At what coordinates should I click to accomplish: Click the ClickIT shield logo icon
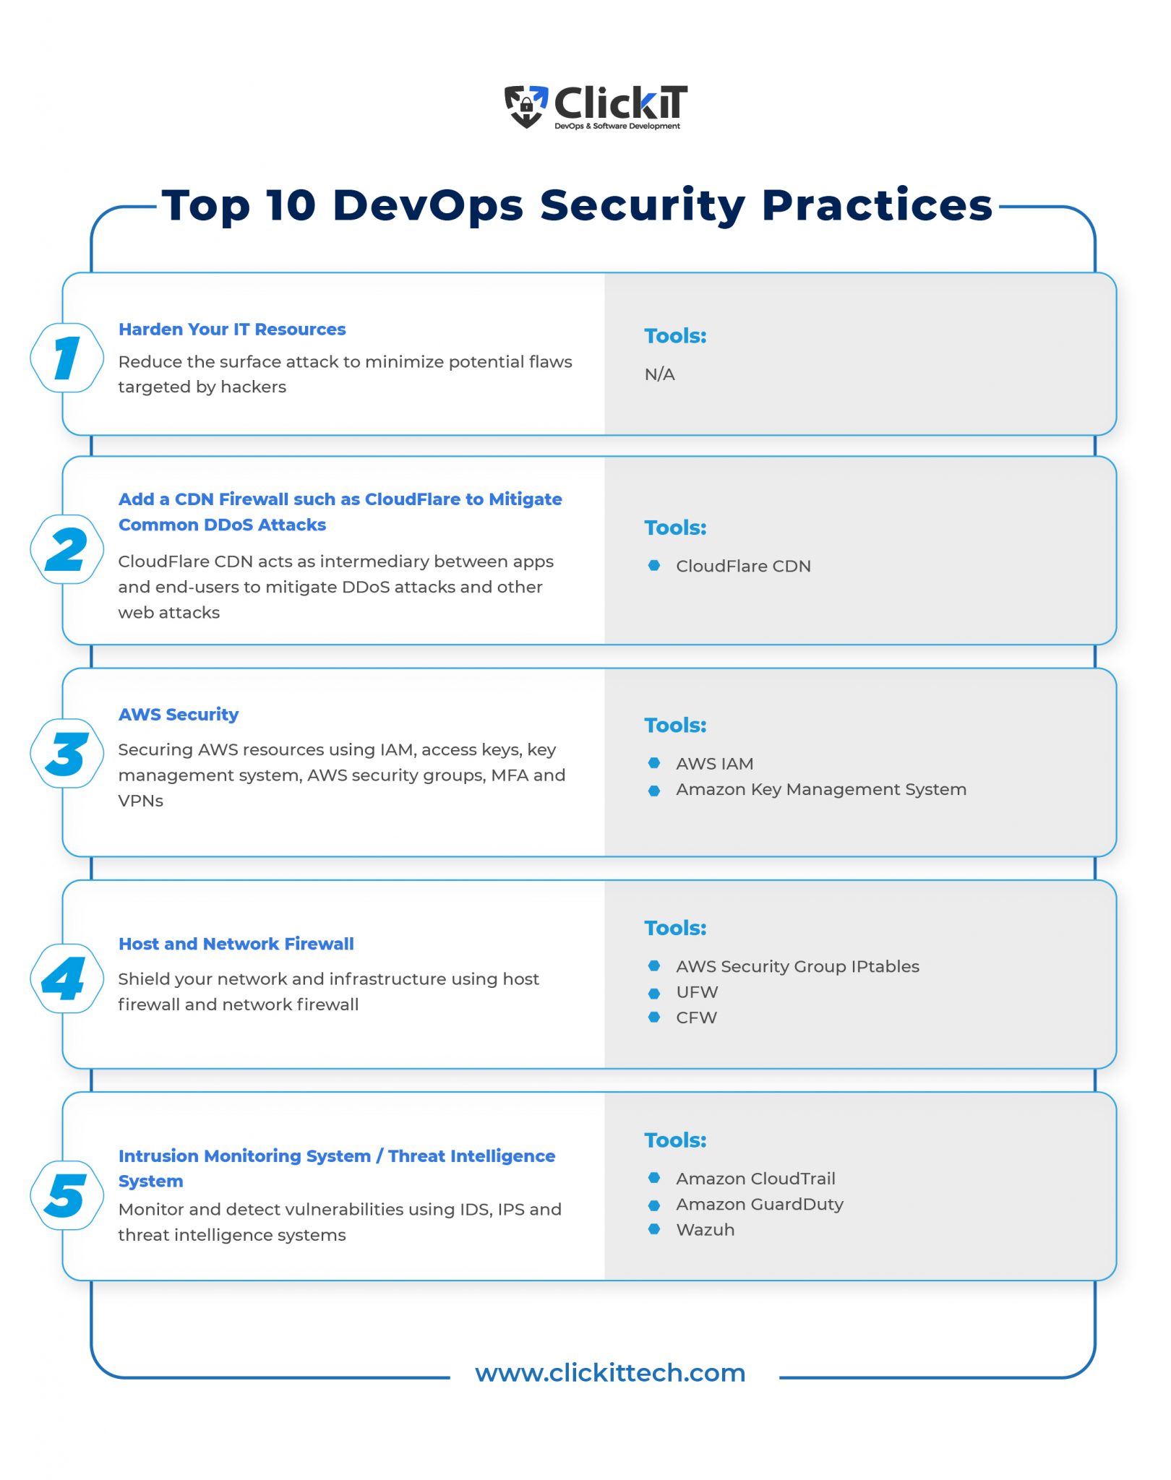pyautogui.click(x=526, y=106)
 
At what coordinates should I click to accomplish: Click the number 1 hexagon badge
pyautogui.click(x=67, y=358)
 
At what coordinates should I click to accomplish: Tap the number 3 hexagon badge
pyautogui.click(x=67, y=754)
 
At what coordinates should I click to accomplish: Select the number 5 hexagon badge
pyautogui.click(x=67, y=1195)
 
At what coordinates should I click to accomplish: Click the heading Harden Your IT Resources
pyautogui.click(x=232, y=330)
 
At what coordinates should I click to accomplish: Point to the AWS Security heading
pyautogui.click(x=179, y=715)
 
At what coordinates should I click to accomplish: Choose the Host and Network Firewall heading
pyautogui.click(x=236, y=944)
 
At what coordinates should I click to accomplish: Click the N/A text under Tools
pyautogui.click(x=659, y=374)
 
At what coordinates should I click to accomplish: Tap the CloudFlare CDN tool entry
pyautogui.click(x=743, y=567)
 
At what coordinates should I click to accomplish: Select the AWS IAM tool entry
pyautogui.click(x=714, y=764)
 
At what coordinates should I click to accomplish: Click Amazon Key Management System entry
pyautogui.click(x=821, y=790)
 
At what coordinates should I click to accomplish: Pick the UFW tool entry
pyautogui.click(x=697, y=992)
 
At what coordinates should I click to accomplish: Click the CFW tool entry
pyautogui.click(x=696, y=1017)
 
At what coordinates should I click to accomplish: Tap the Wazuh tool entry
pyautogui.click(x=705, y=1230)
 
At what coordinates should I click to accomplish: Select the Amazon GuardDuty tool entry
pyautogui.click(x=759, y=1205)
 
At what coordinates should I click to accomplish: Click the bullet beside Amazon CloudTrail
pyautogui.click(x=654, y=1179)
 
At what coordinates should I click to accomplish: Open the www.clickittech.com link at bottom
pyautogui.click(x=610, y=1373)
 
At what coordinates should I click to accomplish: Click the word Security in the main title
pyautogui.click(x=643, y=205)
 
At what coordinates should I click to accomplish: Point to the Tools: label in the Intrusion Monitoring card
pyautogui.click(x=675, y=1140)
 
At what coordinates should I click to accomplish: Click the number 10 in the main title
pyautogui.click(x=291, y=205)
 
